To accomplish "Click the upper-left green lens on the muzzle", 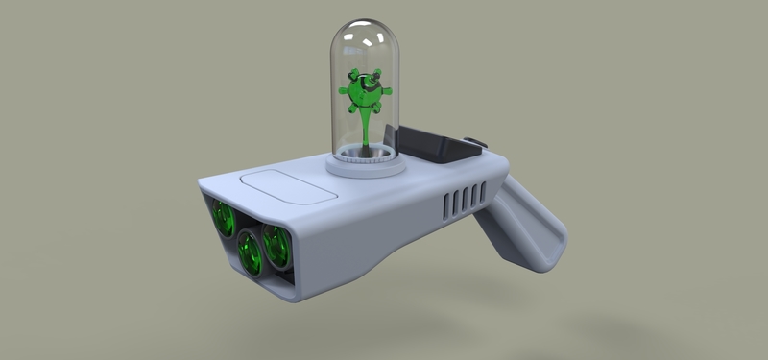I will pyautogui.click(x=223, y=220).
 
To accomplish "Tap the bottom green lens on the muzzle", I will pyautogui.click(x=252, y=254).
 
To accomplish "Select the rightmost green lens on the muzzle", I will pyautogui.click(x=277, y=246).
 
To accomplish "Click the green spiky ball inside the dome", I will pyautogui.click(x=362, y=92).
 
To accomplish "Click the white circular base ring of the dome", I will pyautogui.click(x=366, y=165).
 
